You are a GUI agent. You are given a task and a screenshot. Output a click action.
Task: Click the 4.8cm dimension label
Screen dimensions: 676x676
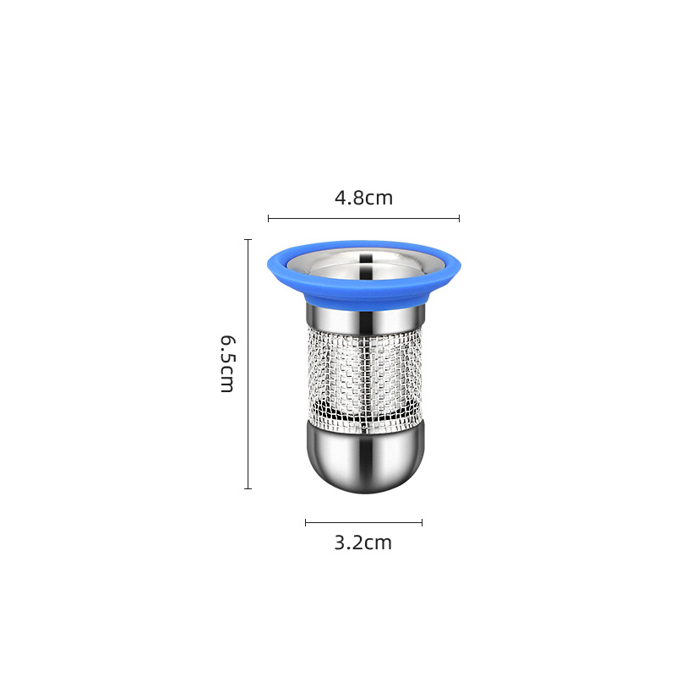point(364,198)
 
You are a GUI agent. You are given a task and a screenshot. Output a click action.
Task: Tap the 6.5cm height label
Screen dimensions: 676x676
point(227,364)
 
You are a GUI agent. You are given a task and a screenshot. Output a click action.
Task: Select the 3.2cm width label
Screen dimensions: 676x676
point(363,542)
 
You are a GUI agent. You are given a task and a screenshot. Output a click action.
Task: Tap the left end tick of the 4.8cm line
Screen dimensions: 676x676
point(268,218)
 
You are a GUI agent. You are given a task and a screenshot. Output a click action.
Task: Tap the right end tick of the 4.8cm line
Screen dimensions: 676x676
point(459,218)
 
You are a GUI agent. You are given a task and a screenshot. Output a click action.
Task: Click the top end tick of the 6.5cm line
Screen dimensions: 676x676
point(248,240)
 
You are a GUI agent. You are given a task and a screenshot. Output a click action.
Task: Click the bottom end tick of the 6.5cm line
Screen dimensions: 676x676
point(248,488)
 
